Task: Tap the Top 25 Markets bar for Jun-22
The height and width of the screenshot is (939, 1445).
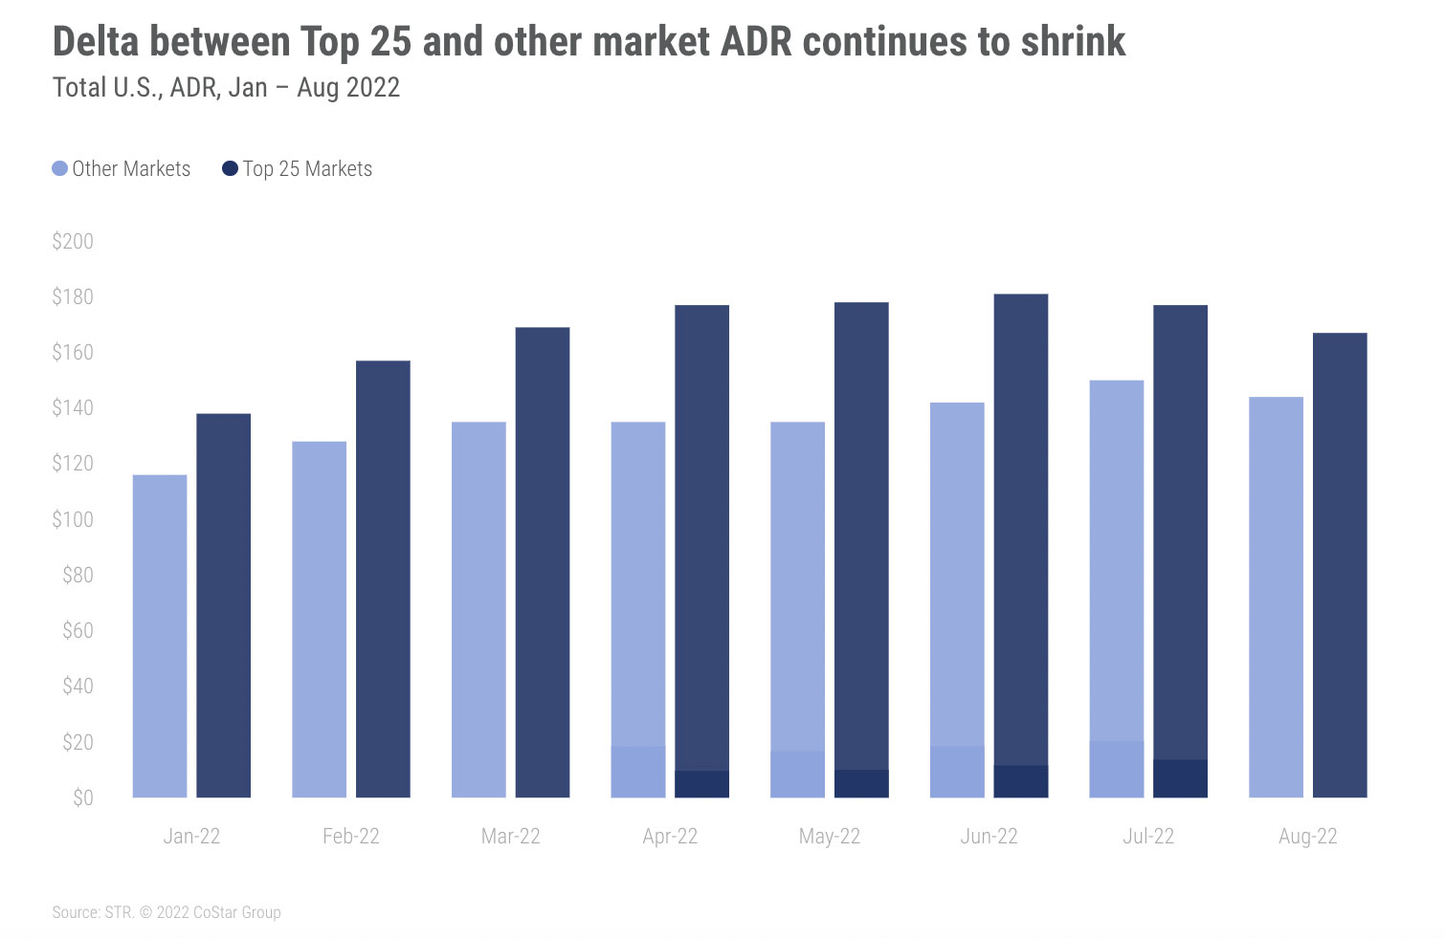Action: pyautogui.click(x=1021, y=545)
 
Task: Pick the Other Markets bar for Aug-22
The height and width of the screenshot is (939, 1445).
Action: pyautogui.click(x=1276, y=597)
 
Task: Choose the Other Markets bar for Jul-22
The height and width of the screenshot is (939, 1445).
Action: pyautogui.click(x=1117, y=588)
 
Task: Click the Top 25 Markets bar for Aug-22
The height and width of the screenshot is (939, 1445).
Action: pyautogui.click(x=1340, y=564)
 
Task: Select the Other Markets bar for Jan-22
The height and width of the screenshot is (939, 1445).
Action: pyautogui.click(x=160, y=636)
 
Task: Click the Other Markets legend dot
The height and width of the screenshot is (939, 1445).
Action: pyautogui.click(x=60, y=169)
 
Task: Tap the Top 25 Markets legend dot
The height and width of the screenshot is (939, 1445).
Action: pyautogui.click(x=230, y=169)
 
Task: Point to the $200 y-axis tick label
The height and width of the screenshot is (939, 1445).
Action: pyautogui.click(x=73, y=241)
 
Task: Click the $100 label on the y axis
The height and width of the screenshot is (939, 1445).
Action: pyautogui.click(x=73, y=519)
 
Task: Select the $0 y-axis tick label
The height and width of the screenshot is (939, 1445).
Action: pyautogui.click(x=82, y=797)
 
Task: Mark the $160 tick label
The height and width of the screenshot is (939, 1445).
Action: pyautogui.click(x=73, y=352)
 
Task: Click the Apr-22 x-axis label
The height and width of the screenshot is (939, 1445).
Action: pyautogui.click(x=670, y=837)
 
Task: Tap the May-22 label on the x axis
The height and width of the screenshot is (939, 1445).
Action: pyautogui.click(x=830, y=837)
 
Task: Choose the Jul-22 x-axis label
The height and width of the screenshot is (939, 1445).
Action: pyautogui.click(x=1148, y=837)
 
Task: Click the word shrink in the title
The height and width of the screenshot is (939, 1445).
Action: pyautogui.click(x=1073, y=42)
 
